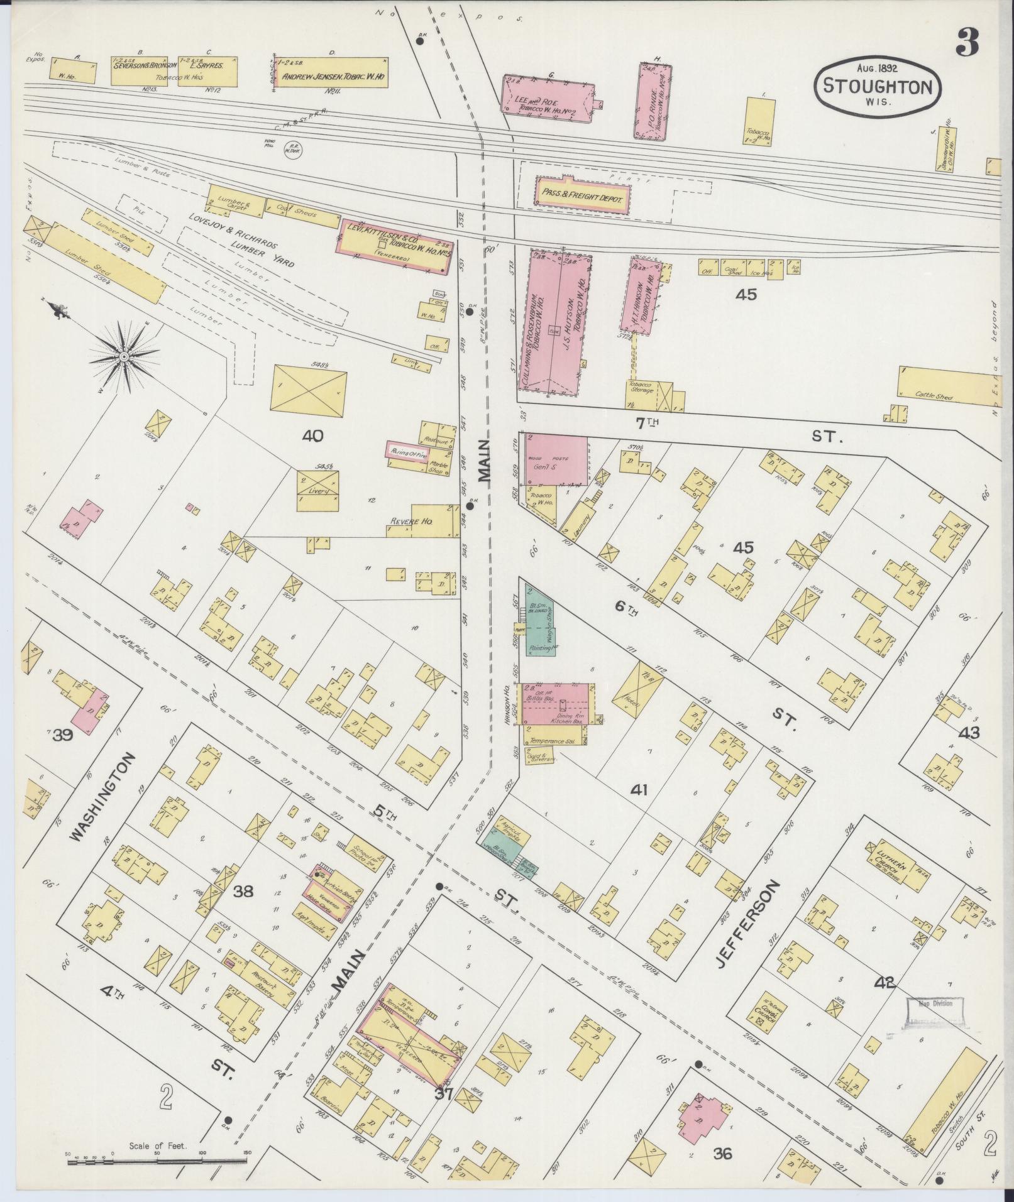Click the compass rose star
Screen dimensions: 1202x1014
tap(124, 357)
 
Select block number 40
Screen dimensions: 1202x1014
tap(312, 435)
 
